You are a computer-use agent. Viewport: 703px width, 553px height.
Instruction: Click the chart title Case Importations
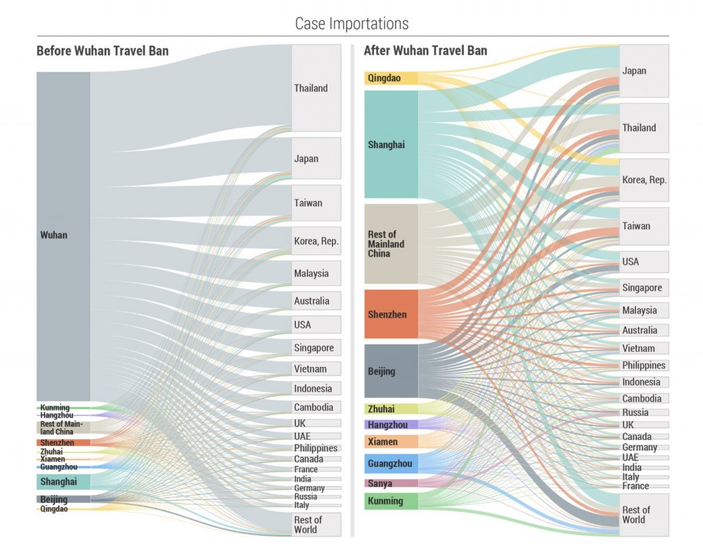(x=351, y=23)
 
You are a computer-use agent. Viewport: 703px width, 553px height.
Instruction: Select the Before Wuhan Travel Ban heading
(x=102, y=51)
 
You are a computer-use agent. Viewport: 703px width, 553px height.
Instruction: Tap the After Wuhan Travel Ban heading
(x=425, y=51)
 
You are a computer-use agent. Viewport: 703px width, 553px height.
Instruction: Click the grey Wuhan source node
(x=63, y=235)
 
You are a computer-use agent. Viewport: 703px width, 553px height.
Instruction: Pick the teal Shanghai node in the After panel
(x=391, y=145)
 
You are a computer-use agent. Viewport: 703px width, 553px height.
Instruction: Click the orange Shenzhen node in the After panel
(x=391, y=314)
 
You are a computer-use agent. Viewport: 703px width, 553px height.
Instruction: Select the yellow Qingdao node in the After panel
(x=391, y=78)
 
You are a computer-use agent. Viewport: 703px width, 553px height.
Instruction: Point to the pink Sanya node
(x=391, y=484)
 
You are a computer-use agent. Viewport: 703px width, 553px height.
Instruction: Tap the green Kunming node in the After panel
(x=391, y=501)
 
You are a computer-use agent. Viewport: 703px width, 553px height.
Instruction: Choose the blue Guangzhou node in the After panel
(x=391, y=464)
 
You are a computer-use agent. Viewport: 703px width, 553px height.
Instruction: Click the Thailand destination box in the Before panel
(x=316, y=88)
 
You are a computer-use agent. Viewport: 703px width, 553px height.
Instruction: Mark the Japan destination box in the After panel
(x=644, y=71)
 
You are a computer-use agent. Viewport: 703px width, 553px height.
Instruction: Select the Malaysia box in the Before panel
(x=316, y=273)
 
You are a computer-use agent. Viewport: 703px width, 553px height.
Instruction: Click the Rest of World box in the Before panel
(x=316, y=524)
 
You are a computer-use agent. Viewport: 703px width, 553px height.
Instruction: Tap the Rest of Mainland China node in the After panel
(x=391, y=244)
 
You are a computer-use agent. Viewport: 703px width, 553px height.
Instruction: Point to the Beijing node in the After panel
(x=391, y=371)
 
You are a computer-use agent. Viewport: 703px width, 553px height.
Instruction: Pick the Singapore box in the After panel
(x=644, y=287)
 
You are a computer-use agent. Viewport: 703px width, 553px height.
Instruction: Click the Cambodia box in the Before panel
(x=316, y=407)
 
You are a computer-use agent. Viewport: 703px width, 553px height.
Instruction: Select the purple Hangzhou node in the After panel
(x=391, y=425)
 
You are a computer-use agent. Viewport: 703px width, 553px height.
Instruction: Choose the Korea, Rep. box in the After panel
(x=644, y=180)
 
